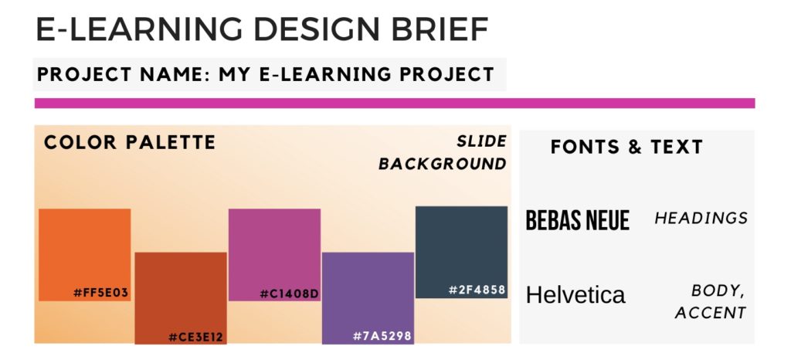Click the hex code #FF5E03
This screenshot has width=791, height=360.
pyautogui.click(x=101, y=293)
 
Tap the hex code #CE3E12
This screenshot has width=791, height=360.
pyautogui.click(x=195, y=337)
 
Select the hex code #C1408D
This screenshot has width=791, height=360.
pyautogui.click(x=290, y=294)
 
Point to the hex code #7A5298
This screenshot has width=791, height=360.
pyautogui.click(x=382, y=336)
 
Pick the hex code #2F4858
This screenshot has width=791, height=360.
pyautogui.click(x=477, y=290)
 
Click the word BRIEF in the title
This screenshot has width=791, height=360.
pyautogui.click(x=440, y=29)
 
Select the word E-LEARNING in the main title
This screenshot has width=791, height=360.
pyautogui.click(x=140, y=29)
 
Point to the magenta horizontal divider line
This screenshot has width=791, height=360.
pyautogui.click(x=395, y=103)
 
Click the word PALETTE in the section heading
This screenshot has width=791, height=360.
pyautogui.click(x=171, y=142)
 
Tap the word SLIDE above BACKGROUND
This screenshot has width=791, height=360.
pyautogui.click(x=481, y=141)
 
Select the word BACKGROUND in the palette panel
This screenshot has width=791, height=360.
pyautogui.click(x=443, y=164)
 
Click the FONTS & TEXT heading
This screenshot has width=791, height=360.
pyautogui.click(x=626, y=147)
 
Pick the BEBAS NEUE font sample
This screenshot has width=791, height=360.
pyautogui.click(x=578, y=220)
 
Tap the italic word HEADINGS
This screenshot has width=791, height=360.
pyautogui.click(x=701, y=218)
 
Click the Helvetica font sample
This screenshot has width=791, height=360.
pyautogui.click(x=575, y=294)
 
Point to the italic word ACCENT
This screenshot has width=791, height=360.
pyautogui.click(x=711, y=313)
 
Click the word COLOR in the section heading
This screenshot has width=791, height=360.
pyautogui.click(x=80, y=142)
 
